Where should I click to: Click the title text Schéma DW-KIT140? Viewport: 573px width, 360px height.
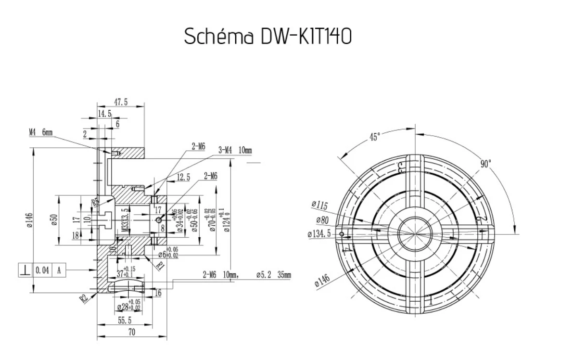click(268, 37)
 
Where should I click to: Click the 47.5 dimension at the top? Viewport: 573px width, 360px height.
click(120, 102)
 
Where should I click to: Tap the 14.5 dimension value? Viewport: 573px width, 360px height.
click(104, 114)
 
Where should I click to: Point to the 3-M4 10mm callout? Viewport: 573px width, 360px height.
click(235, 151)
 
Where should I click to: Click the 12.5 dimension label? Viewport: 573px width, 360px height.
click(183, 178)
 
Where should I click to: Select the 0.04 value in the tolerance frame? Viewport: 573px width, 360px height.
click(42, 270)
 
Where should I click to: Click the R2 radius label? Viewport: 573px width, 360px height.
click(84, 298)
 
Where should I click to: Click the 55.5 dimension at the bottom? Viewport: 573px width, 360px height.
click(125, 320)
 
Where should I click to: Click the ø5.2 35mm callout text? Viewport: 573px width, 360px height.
click(274, 275)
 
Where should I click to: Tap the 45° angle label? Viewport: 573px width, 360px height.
click(375, 136)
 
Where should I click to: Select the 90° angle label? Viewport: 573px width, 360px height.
click(486, 164)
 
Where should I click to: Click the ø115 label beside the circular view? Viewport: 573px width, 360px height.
click(319, 206)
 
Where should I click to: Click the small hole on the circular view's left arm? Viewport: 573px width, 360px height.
click(342, 234)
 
